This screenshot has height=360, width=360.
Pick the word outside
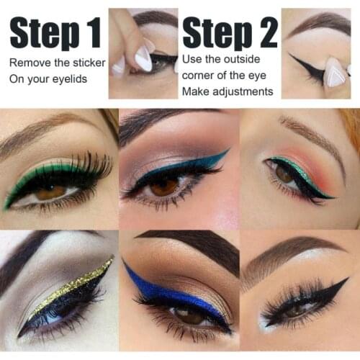coord(238,58)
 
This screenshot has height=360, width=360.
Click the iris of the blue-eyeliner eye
coord(189,315)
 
